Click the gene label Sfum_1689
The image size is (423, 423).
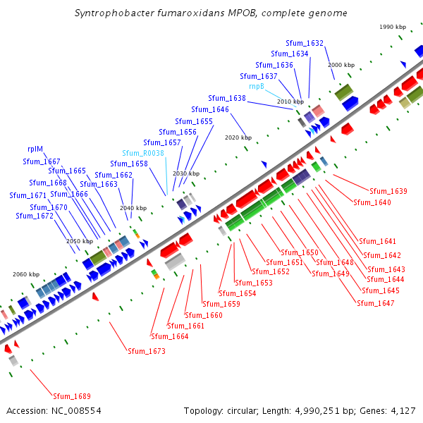coord(72,396)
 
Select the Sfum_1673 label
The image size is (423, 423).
coord(146,350)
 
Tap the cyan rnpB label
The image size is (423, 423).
coord(257,86)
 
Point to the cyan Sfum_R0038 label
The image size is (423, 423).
coord(143,153)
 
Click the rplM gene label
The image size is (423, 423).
coord(35,149)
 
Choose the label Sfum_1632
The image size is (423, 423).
coord(305,44)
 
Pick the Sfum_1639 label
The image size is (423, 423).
coord(388,191)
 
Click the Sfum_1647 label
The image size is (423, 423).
coord(376,303)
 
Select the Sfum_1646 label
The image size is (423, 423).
coord(210,109)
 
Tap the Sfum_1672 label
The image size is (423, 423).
coord(35,216)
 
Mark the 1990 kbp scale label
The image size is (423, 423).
coord(393,27)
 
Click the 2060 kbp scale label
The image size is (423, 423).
coord(26,274)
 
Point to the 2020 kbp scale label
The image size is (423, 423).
coord(238,138)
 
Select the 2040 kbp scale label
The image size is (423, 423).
coord(133,209)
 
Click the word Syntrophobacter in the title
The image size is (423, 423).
coord(112,13)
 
